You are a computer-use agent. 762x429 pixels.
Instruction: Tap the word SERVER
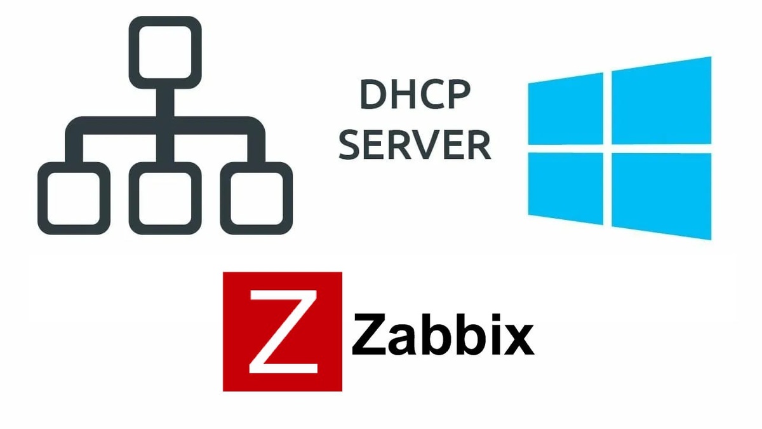tap(415, 145)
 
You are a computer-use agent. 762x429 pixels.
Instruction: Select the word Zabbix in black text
tap(443, 336)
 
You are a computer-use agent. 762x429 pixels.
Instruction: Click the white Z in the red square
tap(282, 332)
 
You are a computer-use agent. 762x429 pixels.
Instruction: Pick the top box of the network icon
tap(165, 51)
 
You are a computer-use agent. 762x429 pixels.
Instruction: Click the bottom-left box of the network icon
tap(69, 198)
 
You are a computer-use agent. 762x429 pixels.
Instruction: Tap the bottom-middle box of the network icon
tap(165, 198)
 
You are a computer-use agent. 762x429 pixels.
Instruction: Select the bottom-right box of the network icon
tap(261, 198)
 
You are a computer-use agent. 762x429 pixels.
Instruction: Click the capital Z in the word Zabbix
tap(370, 336)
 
